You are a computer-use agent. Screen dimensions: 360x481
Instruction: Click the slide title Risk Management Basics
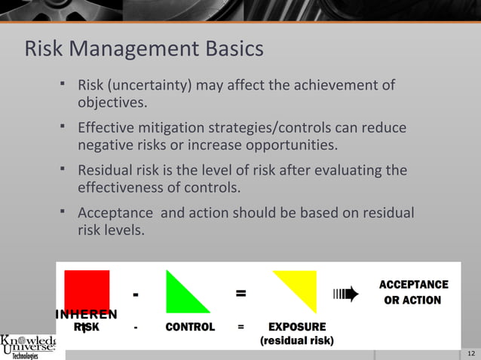pos(144,50)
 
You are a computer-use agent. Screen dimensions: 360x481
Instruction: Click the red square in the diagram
pos(87,291)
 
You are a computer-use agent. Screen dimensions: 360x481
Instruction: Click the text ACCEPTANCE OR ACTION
pos(413,292)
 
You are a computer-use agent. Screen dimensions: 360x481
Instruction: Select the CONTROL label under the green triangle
pos(190,328)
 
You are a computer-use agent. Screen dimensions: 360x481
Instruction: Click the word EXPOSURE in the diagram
pos(297,328)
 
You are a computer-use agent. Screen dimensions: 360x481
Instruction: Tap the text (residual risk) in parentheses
pos(297,341)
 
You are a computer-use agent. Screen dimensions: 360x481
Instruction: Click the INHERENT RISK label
pos(86,321)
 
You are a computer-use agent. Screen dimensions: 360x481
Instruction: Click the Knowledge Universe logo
pos(29,346)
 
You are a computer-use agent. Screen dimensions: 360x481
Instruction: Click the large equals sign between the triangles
pos(240,294)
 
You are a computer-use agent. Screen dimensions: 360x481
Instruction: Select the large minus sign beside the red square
pos(135,294)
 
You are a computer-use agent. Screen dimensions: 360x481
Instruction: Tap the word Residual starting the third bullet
pos(105,171)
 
